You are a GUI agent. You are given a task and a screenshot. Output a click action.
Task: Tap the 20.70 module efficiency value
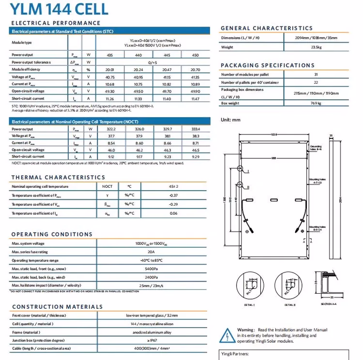coord(195,70)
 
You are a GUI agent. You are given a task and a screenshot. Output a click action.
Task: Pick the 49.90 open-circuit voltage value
coord(195,91)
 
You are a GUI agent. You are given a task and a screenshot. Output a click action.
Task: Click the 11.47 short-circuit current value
coord(195,98)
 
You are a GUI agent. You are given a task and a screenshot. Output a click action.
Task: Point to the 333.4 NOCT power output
coord(195,129)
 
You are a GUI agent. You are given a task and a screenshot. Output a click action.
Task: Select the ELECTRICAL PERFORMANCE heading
coord(56,23)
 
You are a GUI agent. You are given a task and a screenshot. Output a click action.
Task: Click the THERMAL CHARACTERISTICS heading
coord(58,178)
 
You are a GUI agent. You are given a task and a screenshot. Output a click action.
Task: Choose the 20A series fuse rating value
coord(152,252)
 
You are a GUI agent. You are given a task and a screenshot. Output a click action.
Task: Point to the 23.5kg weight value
coord(316,47)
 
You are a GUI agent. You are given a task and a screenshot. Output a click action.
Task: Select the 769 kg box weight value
coord(316,104)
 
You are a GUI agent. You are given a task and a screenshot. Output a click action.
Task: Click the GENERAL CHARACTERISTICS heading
coord(267,28)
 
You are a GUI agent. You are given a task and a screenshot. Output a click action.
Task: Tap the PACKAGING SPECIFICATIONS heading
coord(268,65)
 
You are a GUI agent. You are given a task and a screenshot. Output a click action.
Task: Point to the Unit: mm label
coord(230,119)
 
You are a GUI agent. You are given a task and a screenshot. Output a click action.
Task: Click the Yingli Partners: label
coord(235,354)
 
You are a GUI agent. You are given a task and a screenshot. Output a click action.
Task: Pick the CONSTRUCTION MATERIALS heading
coord(57,307)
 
